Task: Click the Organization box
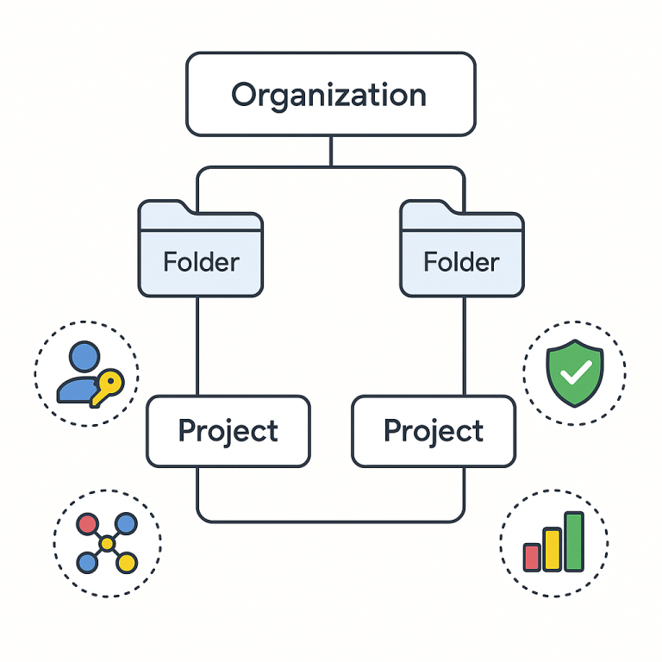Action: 330,94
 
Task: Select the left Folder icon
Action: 200,250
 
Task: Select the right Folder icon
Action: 461,250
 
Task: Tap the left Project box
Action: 228,431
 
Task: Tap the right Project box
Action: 434,431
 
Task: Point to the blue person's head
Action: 84,356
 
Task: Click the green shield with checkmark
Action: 573,372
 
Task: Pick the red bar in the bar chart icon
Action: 532,556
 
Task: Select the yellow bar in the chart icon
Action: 552,549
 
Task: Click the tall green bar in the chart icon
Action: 573,541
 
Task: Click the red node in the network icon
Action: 87,523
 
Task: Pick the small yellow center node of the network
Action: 107,543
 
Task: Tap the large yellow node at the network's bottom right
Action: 127,563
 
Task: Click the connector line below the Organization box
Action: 330,151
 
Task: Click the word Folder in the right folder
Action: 461,262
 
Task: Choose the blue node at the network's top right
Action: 126,523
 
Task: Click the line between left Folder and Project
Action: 198,345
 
